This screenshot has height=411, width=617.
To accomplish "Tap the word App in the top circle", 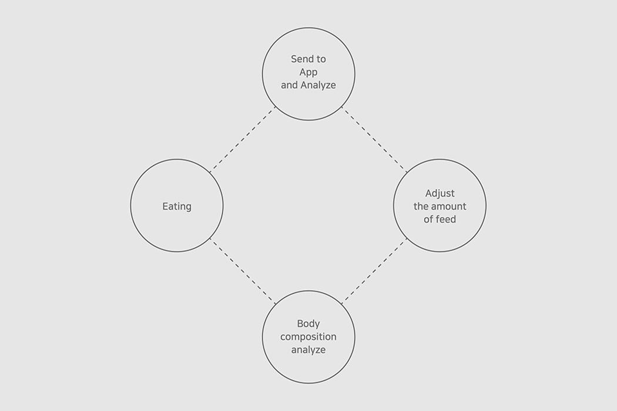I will pos(308,72).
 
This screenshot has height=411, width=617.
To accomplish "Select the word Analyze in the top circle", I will pos(318,85).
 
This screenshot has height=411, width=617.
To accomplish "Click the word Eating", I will pos(177,206).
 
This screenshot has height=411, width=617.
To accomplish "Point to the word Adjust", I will pos(440,193).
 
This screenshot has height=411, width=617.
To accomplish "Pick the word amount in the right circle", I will pos(449,206).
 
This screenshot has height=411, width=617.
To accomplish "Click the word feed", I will pos(446,219).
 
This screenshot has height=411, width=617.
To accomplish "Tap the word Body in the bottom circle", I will pos(308,324).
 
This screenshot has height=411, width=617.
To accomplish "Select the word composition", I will pos(308,336).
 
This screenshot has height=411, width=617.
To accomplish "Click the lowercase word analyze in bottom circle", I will pos(308,349).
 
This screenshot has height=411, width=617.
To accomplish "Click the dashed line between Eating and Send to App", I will pos(243,139).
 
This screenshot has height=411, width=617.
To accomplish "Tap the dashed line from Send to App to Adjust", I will pos(374,139).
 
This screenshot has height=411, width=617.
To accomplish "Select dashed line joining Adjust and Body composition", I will pos(374,271).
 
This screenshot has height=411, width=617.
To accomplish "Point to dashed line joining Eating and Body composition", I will pos(243,271).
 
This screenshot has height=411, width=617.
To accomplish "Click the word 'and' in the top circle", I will pos(289,85).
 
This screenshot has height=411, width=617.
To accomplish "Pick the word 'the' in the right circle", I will pos(421,206).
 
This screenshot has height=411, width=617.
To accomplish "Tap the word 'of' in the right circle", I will pos(428,219).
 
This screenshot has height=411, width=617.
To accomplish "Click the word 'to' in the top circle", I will pos(321,59).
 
